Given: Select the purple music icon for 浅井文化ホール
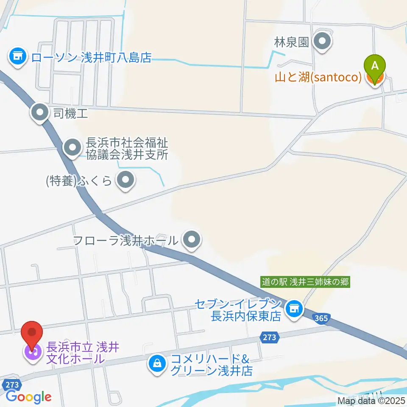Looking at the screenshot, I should (32, 351).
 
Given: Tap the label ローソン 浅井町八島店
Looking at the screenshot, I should (91, 57).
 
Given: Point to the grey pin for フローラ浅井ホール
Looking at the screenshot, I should (192, 241).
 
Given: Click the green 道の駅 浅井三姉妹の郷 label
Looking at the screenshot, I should (305, 282).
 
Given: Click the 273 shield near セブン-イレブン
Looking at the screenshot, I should (268, 337).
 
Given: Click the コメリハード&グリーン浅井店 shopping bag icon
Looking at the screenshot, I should (157, 363).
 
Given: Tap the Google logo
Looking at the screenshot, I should (28, 397).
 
